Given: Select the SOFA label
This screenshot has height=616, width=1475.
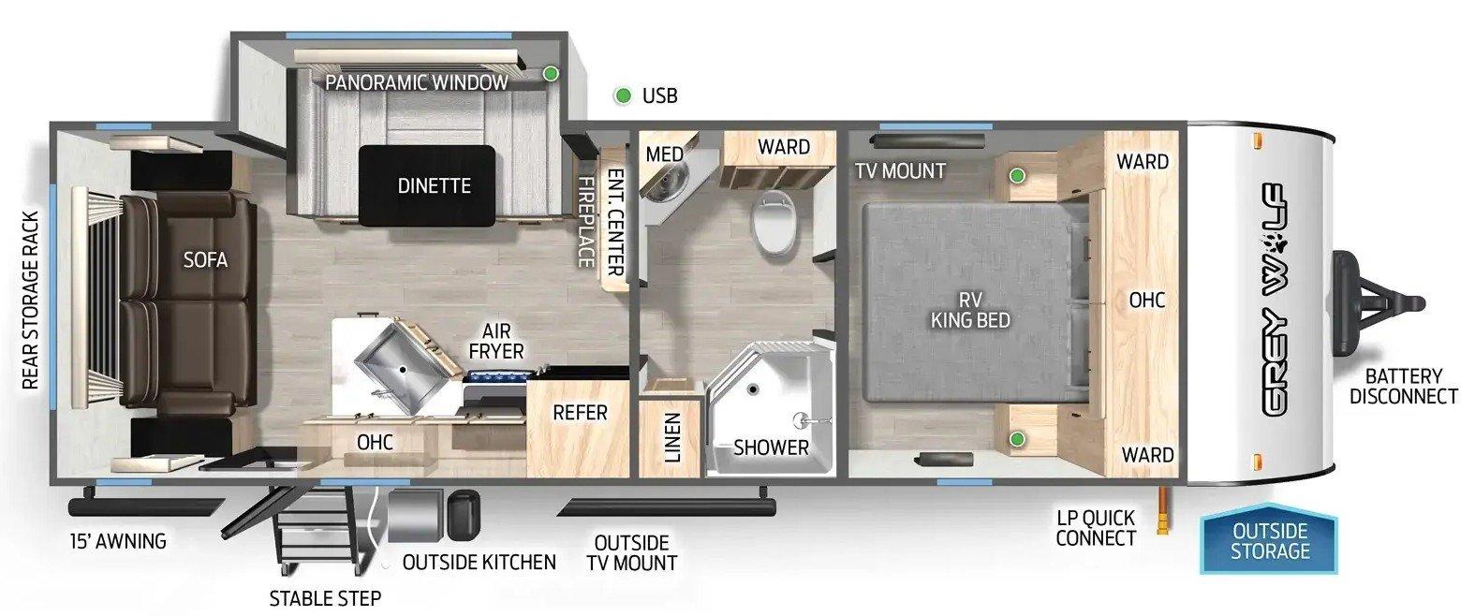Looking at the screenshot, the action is click(205, 260).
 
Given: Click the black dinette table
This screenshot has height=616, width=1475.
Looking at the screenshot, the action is click(427, 186).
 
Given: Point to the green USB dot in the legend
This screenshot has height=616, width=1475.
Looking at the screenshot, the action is click(622, 96).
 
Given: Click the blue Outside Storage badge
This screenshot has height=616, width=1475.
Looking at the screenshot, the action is click(1269, 539).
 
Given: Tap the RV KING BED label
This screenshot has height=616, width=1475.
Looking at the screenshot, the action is click(970, 310).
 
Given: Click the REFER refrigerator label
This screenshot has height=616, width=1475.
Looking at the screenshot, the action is click(580, 413).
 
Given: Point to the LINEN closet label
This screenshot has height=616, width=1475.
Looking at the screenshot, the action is click(671, 437).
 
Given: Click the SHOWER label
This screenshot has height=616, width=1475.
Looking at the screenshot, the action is click(771, 447).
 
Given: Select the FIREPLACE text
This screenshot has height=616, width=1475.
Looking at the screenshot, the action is click(585, 222).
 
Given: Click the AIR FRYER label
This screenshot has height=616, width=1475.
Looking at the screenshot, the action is click(496, 341).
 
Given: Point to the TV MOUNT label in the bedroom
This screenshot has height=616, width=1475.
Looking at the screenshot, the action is click(900, 171).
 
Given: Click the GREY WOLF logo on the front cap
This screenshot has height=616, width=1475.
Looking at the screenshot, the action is click(1276, 301).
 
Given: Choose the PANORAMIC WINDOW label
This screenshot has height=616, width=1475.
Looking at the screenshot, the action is click(416, 83).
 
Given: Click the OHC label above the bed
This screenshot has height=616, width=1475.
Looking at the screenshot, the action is click(1147, 301).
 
